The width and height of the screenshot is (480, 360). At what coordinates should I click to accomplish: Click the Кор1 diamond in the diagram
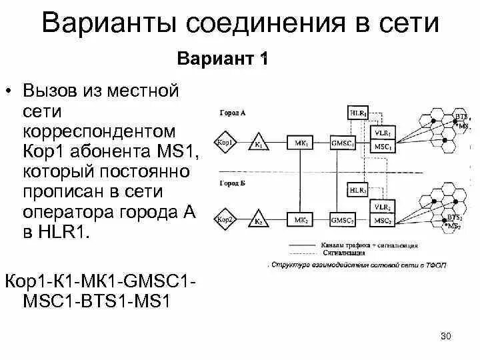point(224,143)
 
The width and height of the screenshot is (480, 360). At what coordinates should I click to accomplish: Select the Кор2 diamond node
point(224,219)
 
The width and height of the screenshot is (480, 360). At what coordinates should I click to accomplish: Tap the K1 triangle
point(257,143)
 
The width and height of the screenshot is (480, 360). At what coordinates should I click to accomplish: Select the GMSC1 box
point(343,143)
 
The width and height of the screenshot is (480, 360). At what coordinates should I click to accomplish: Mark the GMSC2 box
point(343,219)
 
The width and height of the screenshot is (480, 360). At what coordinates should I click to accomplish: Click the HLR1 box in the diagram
point(358,113)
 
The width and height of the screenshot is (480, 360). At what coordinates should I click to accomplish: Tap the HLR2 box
point(358,191)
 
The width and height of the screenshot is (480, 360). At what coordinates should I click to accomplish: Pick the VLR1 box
point(383,132)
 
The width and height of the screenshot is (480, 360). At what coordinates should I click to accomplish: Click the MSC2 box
point(383,220)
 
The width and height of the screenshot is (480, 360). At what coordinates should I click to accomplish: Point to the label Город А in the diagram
point(233,113)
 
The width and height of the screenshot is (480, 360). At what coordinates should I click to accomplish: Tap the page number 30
point(446,336)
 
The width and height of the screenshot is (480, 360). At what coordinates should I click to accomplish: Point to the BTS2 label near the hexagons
point(455,217)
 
